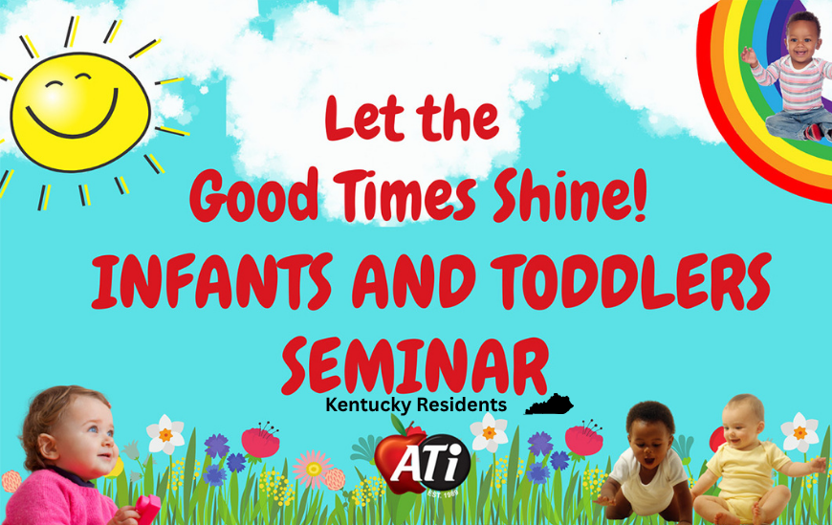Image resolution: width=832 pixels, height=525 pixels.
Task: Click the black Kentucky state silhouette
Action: click(x=550, y=405)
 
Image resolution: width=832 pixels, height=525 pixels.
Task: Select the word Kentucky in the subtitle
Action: click(x=367, y=405)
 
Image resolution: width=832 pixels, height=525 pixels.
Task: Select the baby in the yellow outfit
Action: click(x=742, y=460)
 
